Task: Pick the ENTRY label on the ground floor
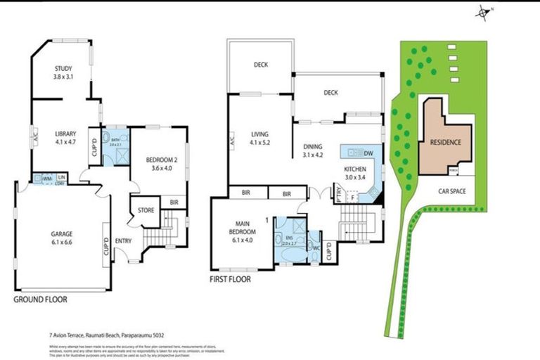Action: point(123,240)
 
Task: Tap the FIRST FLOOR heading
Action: point(230,279)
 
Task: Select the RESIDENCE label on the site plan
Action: point(444,143)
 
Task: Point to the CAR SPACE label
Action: point(456,191)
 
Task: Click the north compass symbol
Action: point(484,11)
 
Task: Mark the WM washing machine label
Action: point(46,178)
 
